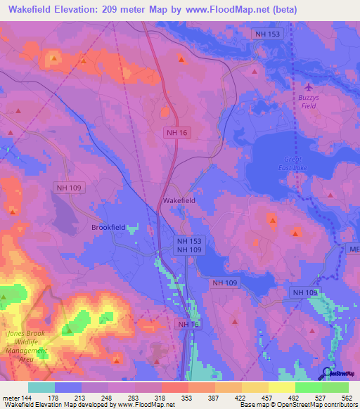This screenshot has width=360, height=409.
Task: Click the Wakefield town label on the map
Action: (x=179, y=200)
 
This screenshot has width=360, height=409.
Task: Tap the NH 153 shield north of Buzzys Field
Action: (x=267, y=34)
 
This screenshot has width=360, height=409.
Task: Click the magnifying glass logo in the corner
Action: (x=328, y=372)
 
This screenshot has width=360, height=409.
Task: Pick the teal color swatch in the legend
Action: (x=41, y=387)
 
